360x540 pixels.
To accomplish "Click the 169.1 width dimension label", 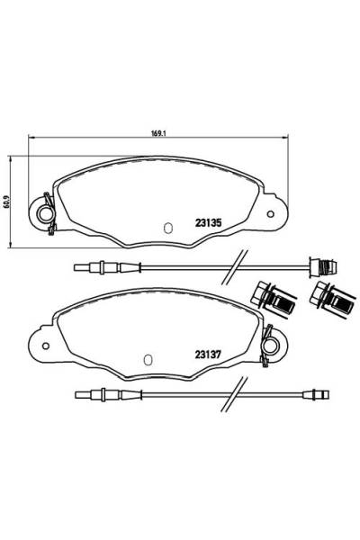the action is (x=157, y=133).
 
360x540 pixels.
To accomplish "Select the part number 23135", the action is (x=208, y=223).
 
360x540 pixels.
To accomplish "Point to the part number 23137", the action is (x=208, y=355).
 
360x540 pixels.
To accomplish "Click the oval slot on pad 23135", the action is (x=168, y=228).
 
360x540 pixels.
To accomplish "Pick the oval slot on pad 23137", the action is (x=148, y=359).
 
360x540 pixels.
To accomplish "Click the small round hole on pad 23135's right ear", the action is (x=270, y=214).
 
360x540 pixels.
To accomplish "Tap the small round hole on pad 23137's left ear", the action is (x=46, y=346).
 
